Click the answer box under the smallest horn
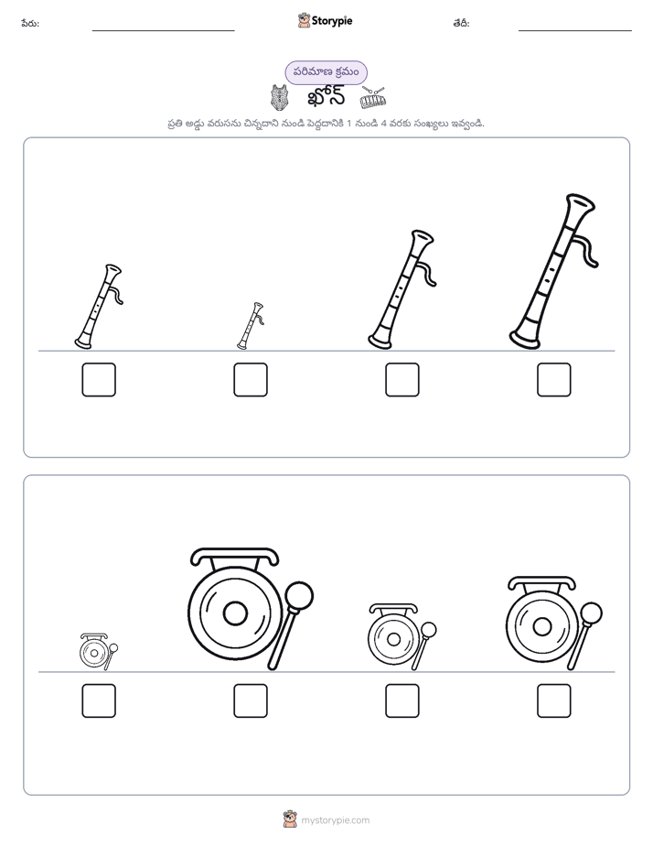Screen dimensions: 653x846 251,380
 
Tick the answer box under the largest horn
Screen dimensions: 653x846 554,380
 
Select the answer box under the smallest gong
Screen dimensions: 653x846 99,700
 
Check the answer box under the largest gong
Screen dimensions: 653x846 251,700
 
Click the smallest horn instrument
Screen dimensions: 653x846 251,325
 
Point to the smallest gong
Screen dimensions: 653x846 98,652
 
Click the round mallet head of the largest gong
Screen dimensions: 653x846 299,596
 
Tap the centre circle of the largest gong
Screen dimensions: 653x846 235,613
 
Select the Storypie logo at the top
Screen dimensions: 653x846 325,21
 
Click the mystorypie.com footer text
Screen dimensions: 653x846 335,820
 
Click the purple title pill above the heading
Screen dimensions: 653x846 326,72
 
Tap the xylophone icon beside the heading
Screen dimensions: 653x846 373,98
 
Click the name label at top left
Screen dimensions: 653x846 30,23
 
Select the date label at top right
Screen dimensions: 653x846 461,23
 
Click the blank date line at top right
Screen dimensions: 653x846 575,31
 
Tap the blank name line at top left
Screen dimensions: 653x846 163,31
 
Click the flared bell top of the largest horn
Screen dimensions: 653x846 581,203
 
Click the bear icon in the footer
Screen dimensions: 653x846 290,819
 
